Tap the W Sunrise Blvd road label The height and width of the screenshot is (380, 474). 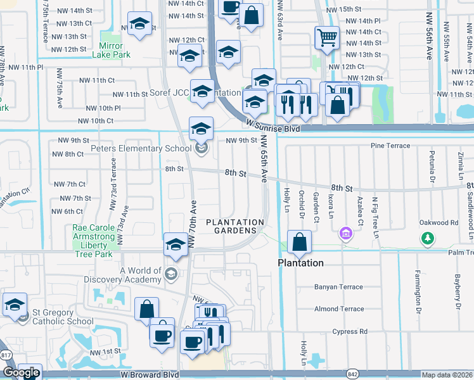pyautogui.click(x=272, y=129)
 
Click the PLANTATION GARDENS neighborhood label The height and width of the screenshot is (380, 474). pyautogui.click(x=235, y=227)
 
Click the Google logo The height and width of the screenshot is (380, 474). pyautogui.click(x=21, y=372)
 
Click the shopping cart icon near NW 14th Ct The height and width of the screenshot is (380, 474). pyautogui.click(x=326, y=37)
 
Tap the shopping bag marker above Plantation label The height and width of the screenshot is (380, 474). pyautogui.click(x=299, y=242)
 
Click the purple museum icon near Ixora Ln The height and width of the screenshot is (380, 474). pyautogui.click(x=346, y=235)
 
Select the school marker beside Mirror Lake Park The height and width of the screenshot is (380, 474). pyautogui.click(x=139, y=25)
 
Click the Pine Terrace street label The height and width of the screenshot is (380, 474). pyautogui.click(x=390, y=146)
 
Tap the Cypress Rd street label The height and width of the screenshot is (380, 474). pyautogui.click(x=350, y=331)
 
